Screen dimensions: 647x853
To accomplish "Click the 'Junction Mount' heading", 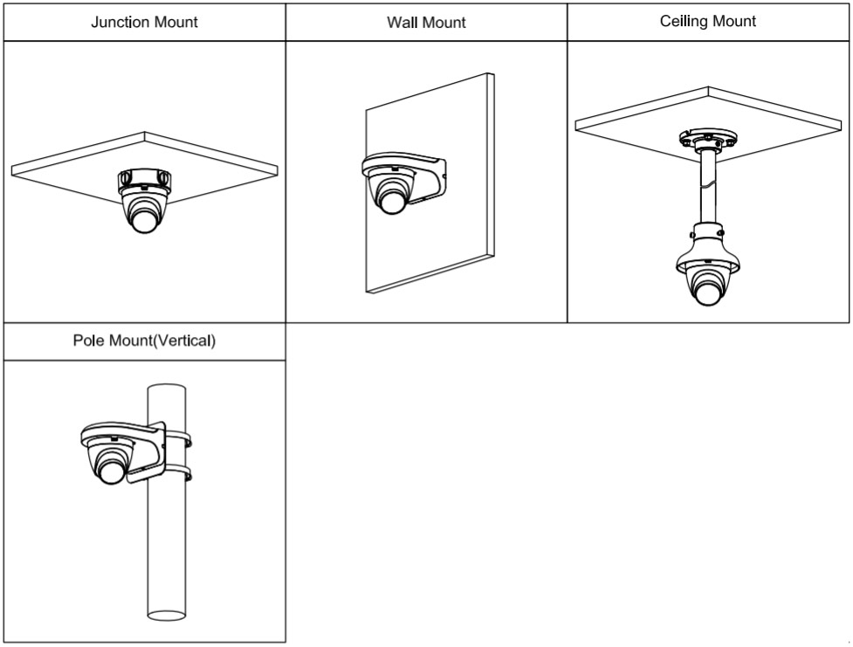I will pyautogui.click(x=144, y=22).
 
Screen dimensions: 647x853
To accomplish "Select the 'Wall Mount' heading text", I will pyautogui.click(x=426, y=23).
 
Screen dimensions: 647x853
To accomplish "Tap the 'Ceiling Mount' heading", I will pyautogui.click(x=708, y=22).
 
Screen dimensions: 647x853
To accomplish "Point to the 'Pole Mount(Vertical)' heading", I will pyautogui.click(x=144, y=341).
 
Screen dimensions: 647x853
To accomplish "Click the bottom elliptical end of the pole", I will pyautogui.click(x=168, y=615).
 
